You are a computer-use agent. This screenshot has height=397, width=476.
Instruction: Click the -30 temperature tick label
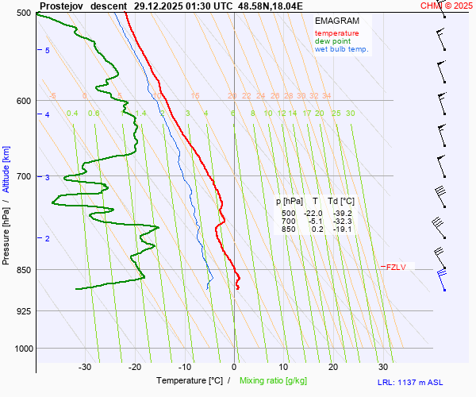(x=85, y=367)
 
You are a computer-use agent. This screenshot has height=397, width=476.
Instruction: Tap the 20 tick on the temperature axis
(x=333, y=367)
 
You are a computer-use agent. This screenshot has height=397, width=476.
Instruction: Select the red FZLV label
(x=395, y=267)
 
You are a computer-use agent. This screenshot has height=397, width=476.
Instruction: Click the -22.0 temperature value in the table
(x=313, y=214)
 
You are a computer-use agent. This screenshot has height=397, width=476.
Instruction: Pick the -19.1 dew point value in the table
(x=343, y=229)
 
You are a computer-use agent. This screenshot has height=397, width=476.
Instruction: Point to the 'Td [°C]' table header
(x=341, y=202)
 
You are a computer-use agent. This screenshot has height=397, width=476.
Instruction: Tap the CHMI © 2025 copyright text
(x=447, y=6)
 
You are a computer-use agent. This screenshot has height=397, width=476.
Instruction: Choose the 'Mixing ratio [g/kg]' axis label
(x=278, y=381)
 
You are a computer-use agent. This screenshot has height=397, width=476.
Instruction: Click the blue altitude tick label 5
(x=48, y=51)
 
